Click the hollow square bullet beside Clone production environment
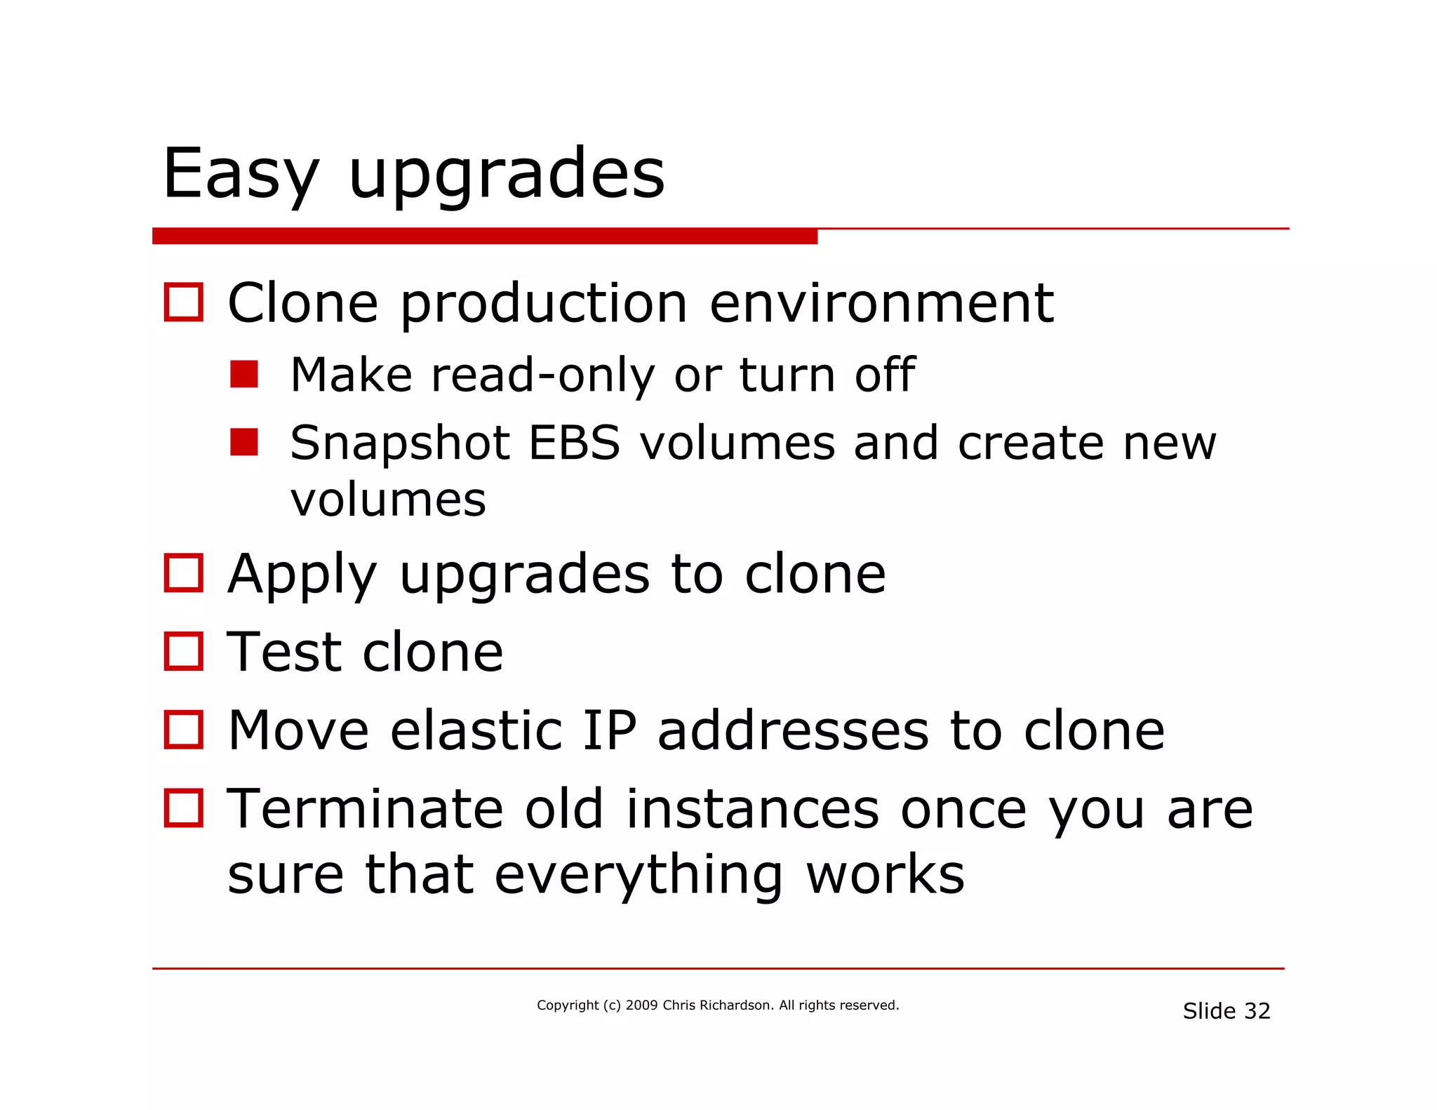tap(183, 302)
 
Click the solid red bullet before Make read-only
tap(243, 374)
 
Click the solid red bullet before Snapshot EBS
tap(243, 442)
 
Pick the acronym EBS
tap(574, 443)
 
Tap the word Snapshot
tap(399, 444)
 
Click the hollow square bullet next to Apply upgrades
tap(183, 573)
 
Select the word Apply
tap(302, 575)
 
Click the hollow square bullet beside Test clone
tap(183, 651)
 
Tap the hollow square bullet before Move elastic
tap(183, 730)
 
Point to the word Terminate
tap(365, 809)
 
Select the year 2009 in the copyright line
tap(641, 1005)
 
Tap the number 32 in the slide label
tap(1257, 1011)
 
